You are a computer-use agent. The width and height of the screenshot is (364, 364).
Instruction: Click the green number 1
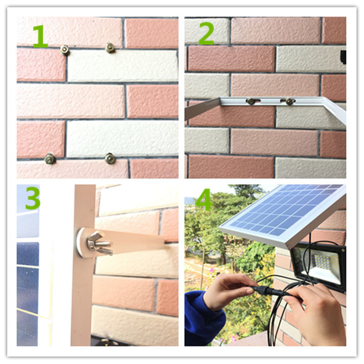coord(40,37)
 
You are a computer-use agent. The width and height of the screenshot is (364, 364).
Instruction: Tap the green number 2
coord(206,35)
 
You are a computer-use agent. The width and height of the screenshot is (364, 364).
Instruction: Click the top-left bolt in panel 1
coord(65,50)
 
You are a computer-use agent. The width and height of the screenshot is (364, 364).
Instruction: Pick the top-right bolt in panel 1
coord(110,47)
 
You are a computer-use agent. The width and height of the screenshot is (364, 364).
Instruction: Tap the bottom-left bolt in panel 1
coord(50,159)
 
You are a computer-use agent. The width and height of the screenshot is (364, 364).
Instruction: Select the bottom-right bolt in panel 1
coord(110,158)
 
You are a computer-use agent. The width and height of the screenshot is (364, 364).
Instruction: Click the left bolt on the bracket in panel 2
coord(251,101)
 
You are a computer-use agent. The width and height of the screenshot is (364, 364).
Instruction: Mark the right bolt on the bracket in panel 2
coord(290,101)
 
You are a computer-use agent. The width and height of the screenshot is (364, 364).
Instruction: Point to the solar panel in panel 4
coord(282,209)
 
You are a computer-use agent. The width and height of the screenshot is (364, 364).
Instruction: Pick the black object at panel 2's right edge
coord(343,57)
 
